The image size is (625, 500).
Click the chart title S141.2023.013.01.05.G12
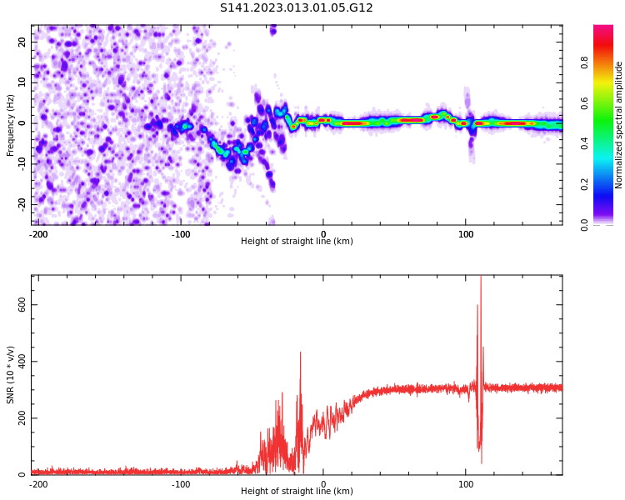click(296, 8)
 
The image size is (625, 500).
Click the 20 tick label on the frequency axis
click(22, 42)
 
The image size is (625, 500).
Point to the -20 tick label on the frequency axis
click(21, 204)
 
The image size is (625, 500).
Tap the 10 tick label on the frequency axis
click(22, 82)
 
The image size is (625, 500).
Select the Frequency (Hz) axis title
click(11, 125)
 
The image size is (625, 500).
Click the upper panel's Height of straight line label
click(297, 242)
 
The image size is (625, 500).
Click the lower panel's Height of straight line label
click(297, 492)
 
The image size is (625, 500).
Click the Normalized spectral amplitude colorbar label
click(619, 125)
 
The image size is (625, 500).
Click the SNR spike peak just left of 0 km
click(300, 352)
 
